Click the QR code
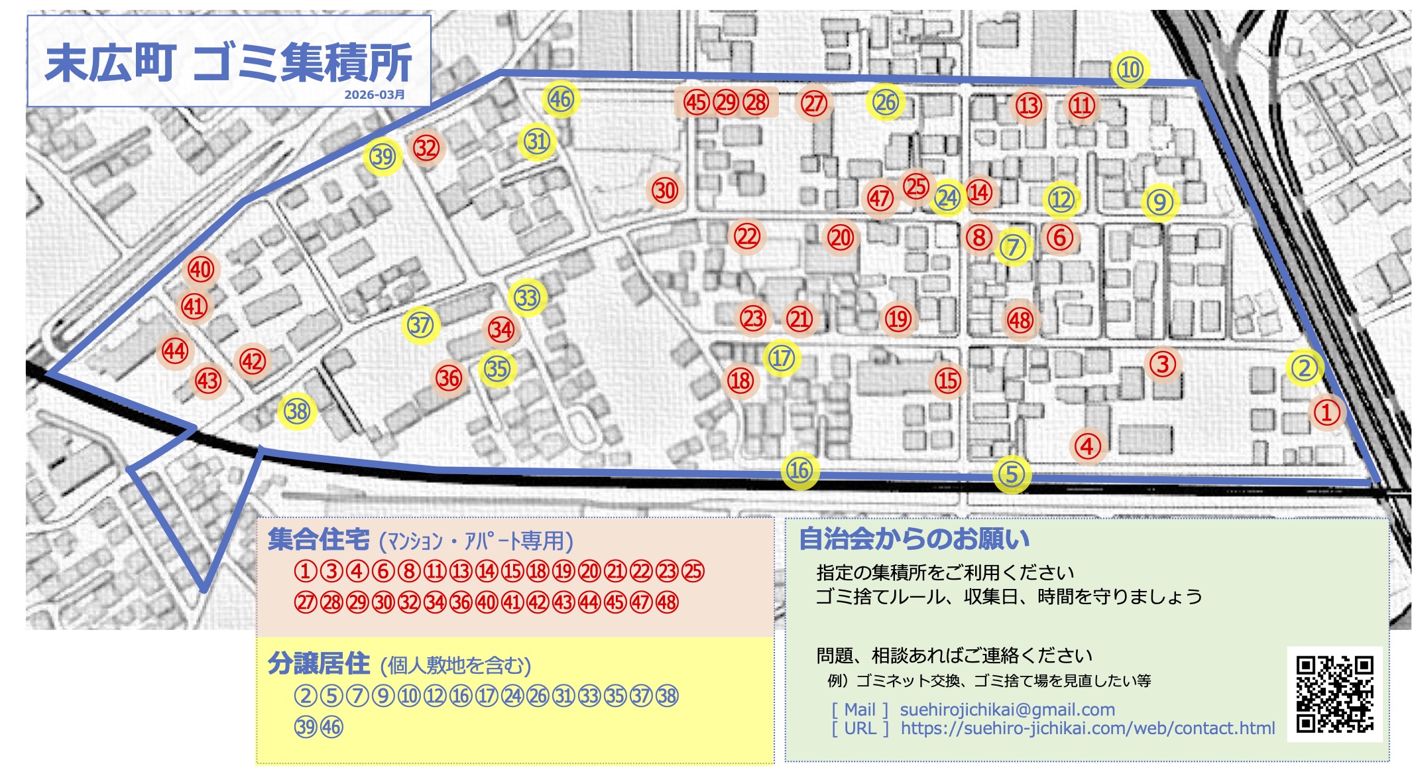[x=1334, y=694]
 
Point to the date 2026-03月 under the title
[x=375, y=95]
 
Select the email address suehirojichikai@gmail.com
[x=1007, y=710]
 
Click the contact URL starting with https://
[x=1087, y=728]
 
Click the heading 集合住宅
[x=319, y=539]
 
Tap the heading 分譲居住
[x=319, y=663]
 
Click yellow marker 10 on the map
[x=1130, y=70]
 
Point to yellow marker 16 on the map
[x=799, y=471]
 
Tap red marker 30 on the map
[x=665, y=191]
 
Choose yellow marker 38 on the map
[x=297, y=412]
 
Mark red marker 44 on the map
[x=175, y=351]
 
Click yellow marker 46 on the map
[x=560, y=99]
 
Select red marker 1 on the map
[x=1326, y=412]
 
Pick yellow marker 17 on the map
[x=782, y=358]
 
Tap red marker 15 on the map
[x=947, y=381]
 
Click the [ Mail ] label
[x=860, y=710]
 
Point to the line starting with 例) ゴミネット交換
[x=988, y=680]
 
